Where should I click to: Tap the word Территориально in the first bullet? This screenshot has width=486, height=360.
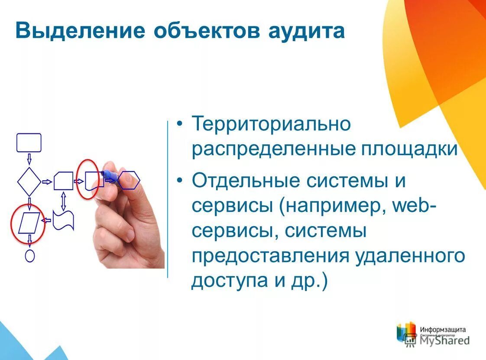(271, 124)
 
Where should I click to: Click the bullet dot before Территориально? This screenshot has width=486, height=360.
(180, 124)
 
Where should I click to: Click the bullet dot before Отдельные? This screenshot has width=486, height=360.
(180, 181)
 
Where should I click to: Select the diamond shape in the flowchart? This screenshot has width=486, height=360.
(29, 181)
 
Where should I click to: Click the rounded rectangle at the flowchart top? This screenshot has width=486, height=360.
(29, 143)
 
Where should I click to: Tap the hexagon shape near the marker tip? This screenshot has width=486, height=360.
(129, 181)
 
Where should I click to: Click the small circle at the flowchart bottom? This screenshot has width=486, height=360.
(29, 256)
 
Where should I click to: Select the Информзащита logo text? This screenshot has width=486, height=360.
(442, 329)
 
